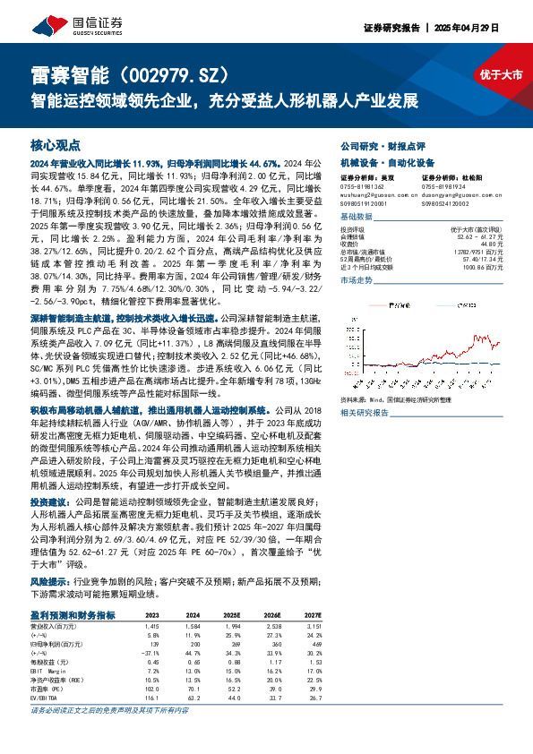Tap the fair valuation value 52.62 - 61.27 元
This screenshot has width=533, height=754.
(477, 236)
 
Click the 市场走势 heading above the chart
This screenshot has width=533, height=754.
(357, 281)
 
